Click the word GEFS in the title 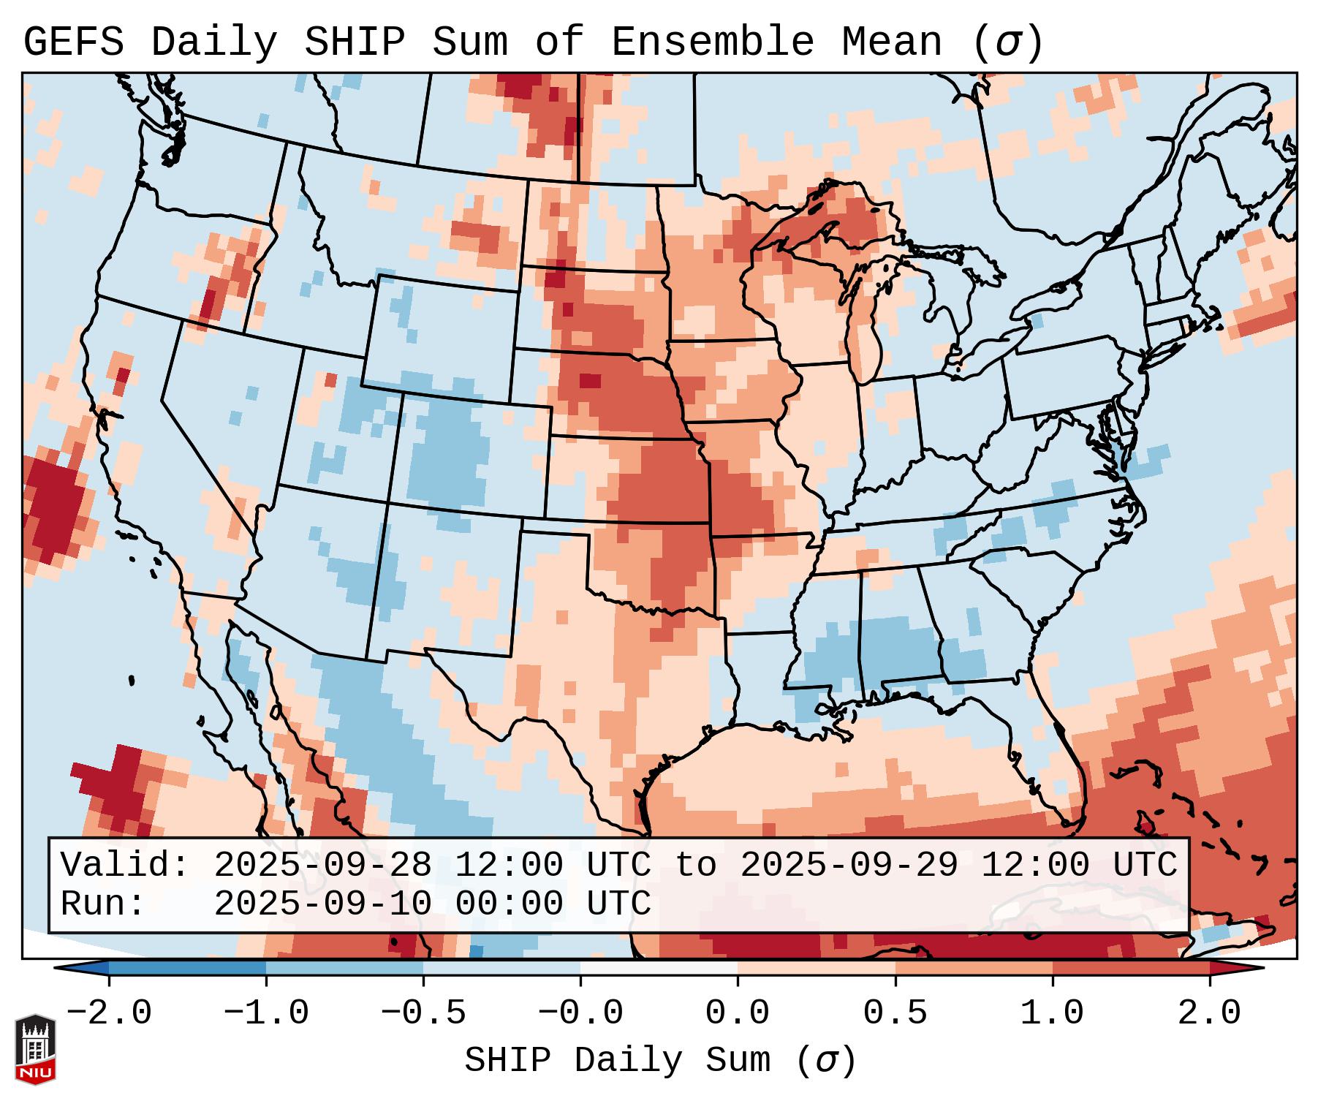pos(73,42)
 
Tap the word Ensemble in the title pos(712,42)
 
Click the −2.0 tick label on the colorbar pos(109,1014)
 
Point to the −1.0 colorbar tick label pos(266,1014)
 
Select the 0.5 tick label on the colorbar pos(895,1014)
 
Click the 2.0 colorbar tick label pos(1209,1014)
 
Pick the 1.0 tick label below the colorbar pos(1052,1014)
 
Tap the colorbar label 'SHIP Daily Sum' pos(618,1059)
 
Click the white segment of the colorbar pos(659,967)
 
